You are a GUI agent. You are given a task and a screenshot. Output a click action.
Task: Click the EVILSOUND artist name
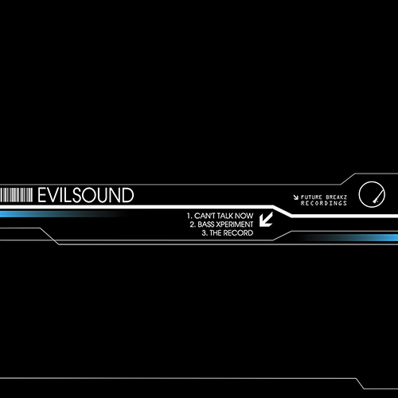click(86, 195)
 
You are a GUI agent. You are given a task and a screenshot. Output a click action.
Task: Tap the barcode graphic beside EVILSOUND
click(16, 195)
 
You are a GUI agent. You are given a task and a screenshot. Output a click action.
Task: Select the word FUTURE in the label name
click(311, 197)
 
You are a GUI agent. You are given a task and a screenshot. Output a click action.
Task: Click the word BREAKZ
click(336, 197)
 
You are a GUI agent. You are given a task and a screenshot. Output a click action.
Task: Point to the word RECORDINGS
click(324, 203)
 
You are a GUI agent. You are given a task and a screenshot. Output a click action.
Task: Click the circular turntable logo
click(372, 194)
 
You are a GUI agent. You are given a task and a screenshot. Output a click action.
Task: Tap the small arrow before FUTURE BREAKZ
click(296, 197)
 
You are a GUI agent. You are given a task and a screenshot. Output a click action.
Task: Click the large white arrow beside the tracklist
click(266, 219)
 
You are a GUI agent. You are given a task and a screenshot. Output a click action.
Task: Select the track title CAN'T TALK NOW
click(224, 216)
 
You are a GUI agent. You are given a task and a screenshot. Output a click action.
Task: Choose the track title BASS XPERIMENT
click(225, 224)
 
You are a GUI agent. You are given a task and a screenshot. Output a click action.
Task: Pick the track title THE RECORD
click(232, 233)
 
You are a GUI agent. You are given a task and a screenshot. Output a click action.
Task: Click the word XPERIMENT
click(235, 224)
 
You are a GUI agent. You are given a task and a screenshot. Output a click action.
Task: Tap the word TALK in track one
click(224, 216)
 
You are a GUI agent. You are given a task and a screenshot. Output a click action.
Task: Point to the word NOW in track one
click(244, 216)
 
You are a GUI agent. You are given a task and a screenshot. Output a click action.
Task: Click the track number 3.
click(204, 233)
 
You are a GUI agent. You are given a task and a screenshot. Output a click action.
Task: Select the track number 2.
click(193, 224)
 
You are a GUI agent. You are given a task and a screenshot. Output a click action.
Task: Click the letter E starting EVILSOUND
click(42, 195)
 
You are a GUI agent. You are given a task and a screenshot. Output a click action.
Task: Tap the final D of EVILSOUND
click(128, 195)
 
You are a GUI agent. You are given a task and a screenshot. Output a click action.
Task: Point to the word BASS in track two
click(206, 224)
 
